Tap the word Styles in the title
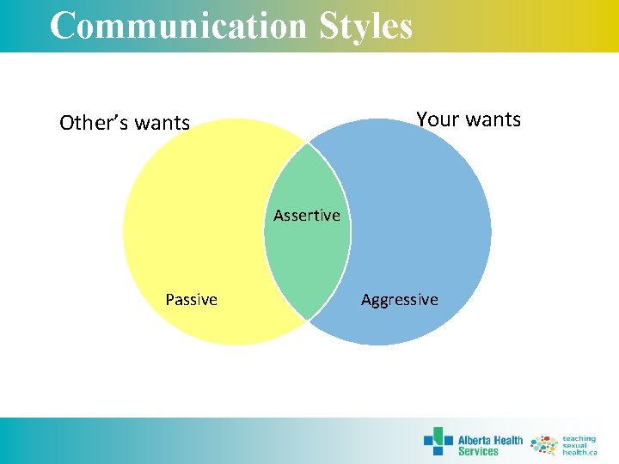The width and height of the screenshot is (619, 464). click(366, 26)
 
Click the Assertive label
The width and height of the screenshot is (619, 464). click(307, 215)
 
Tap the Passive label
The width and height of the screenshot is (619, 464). click(191, 299)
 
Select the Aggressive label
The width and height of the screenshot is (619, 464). click(399, 299)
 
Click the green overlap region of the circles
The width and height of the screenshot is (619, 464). click(307, 258)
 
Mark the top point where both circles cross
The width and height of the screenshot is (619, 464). click(307, 142)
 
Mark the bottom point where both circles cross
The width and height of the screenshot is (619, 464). click(307, 321)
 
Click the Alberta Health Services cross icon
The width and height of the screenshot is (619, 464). click(438, 442)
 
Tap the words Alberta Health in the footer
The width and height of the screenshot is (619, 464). click(490, 440)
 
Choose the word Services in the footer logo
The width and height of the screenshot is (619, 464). click(478, 451)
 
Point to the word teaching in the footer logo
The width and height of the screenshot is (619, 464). click(579, 437)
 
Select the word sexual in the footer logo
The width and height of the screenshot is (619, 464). click(575, 444)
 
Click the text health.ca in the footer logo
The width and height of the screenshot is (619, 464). click(579, 452)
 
